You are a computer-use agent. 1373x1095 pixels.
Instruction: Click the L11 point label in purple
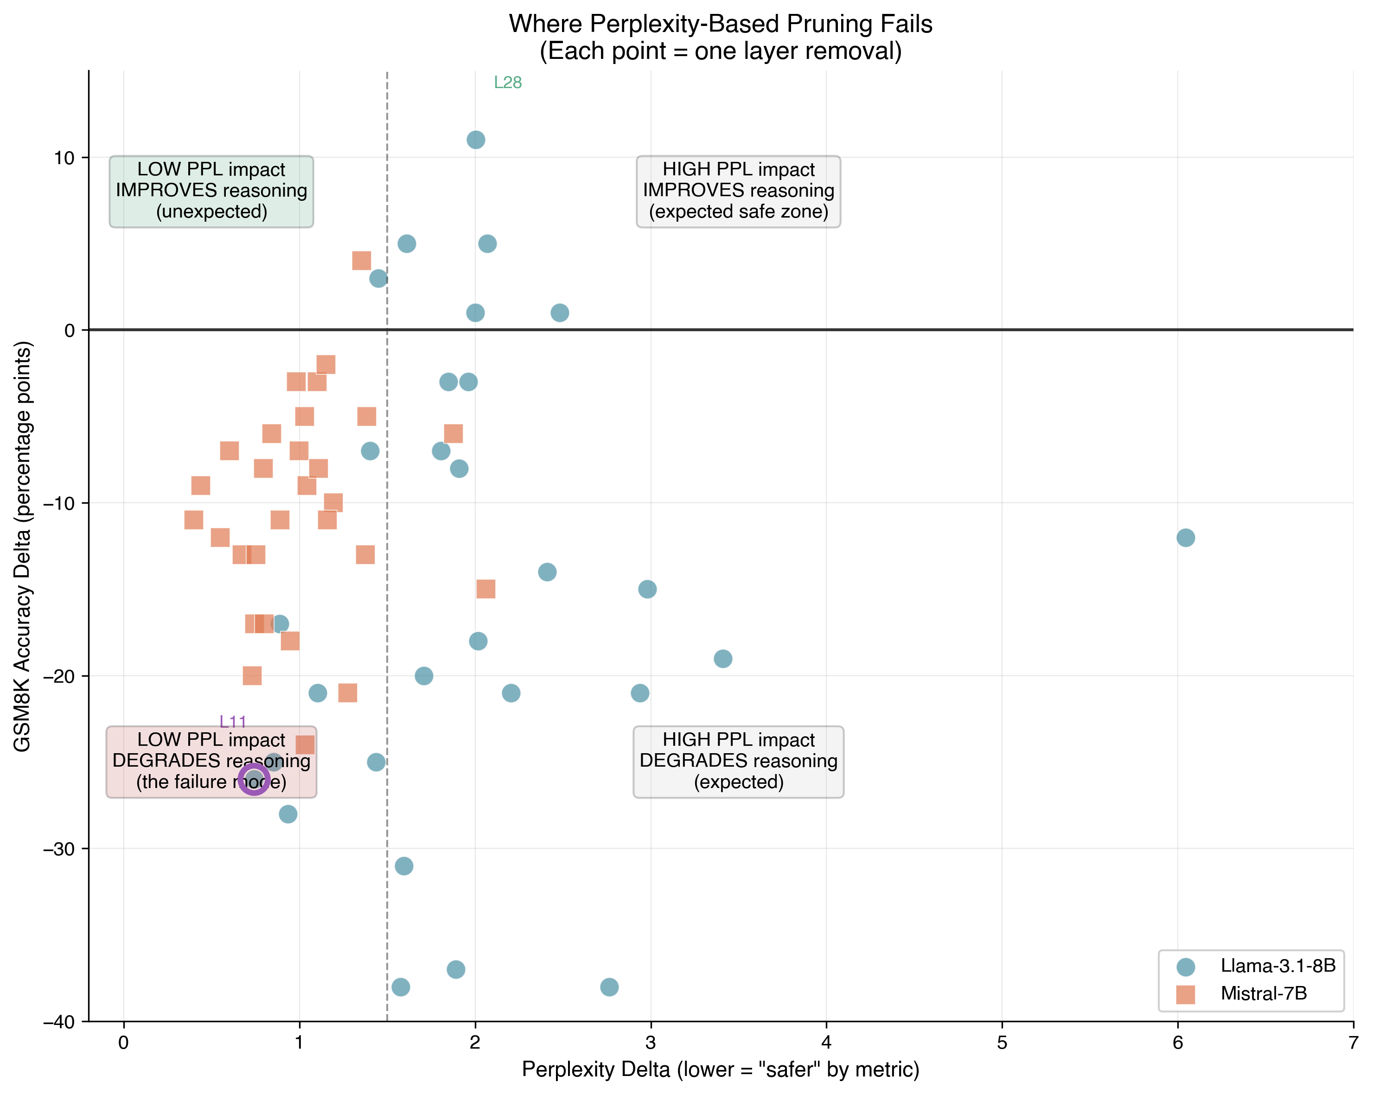click(232, 722)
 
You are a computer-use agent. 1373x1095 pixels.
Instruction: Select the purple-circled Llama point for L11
click(254, 779)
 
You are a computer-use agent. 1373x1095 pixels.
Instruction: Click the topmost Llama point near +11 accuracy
click(476, 140)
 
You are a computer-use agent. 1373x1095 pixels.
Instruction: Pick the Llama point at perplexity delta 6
click(1185, 538)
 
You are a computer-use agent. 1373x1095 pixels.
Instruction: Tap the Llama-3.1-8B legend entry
click(1277, 966)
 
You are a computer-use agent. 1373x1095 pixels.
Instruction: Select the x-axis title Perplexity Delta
click(720, 1069)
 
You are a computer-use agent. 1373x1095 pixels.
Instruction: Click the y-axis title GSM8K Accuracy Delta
click(22, 546)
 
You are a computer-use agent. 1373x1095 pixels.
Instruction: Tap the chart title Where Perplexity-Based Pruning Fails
click(720, 24)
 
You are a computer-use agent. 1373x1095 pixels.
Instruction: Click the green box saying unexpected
click(211, 191)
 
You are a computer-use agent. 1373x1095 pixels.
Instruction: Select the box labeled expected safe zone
click(738, 191)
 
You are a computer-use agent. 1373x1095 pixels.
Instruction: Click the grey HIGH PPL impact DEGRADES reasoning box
click(738, 761)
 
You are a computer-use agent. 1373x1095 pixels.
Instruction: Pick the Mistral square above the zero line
click(362, 261)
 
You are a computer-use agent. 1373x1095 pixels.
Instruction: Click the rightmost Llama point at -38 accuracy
click(609, 987)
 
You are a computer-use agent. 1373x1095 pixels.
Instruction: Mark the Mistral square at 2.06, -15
click(486, 589)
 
